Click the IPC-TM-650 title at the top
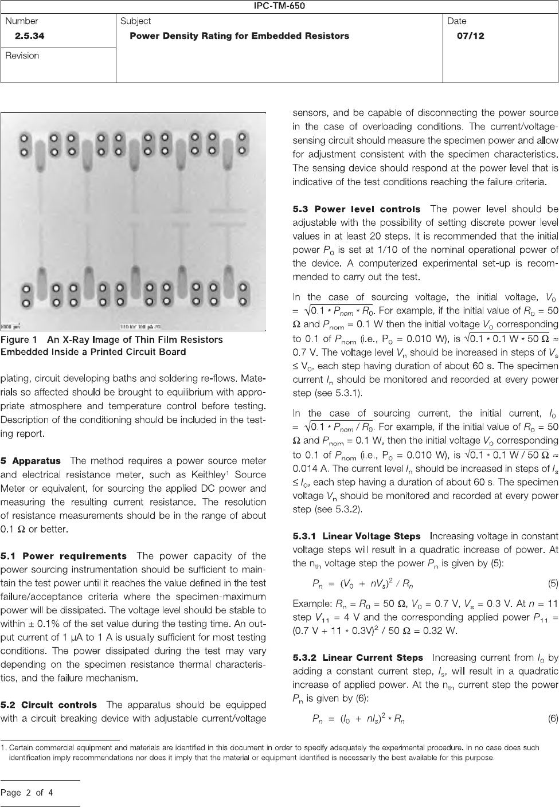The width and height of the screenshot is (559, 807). click(x=279, y=6)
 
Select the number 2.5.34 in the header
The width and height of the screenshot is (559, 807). click(x=30, y=36)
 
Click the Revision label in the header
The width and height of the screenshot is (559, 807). click(x=22, y=56)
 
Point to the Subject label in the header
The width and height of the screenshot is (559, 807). click(x=135, y=21)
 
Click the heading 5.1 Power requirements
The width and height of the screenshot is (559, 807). click(x=64, y=556)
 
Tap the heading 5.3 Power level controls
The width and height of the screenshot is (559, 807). click(x=356, y=209)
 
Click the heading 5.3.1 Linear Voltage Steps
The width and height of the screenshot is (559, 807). click(x=356, y=536)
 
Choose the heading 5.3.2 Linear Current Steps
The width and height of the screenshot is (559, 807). click(x=358, y=658)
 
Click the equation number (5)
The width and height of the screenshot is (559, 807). click(x=553, y=584)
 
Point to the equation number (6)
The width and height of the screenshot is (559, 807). click(x=553, y=719)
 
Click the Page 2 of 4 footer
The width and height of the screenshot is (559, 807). click(x=27, y=793)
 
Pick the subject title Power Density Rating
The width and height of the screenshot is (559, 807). click(x=239, y=36)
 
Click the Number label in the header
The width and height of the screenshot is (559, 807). click(x=22, y=21)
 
